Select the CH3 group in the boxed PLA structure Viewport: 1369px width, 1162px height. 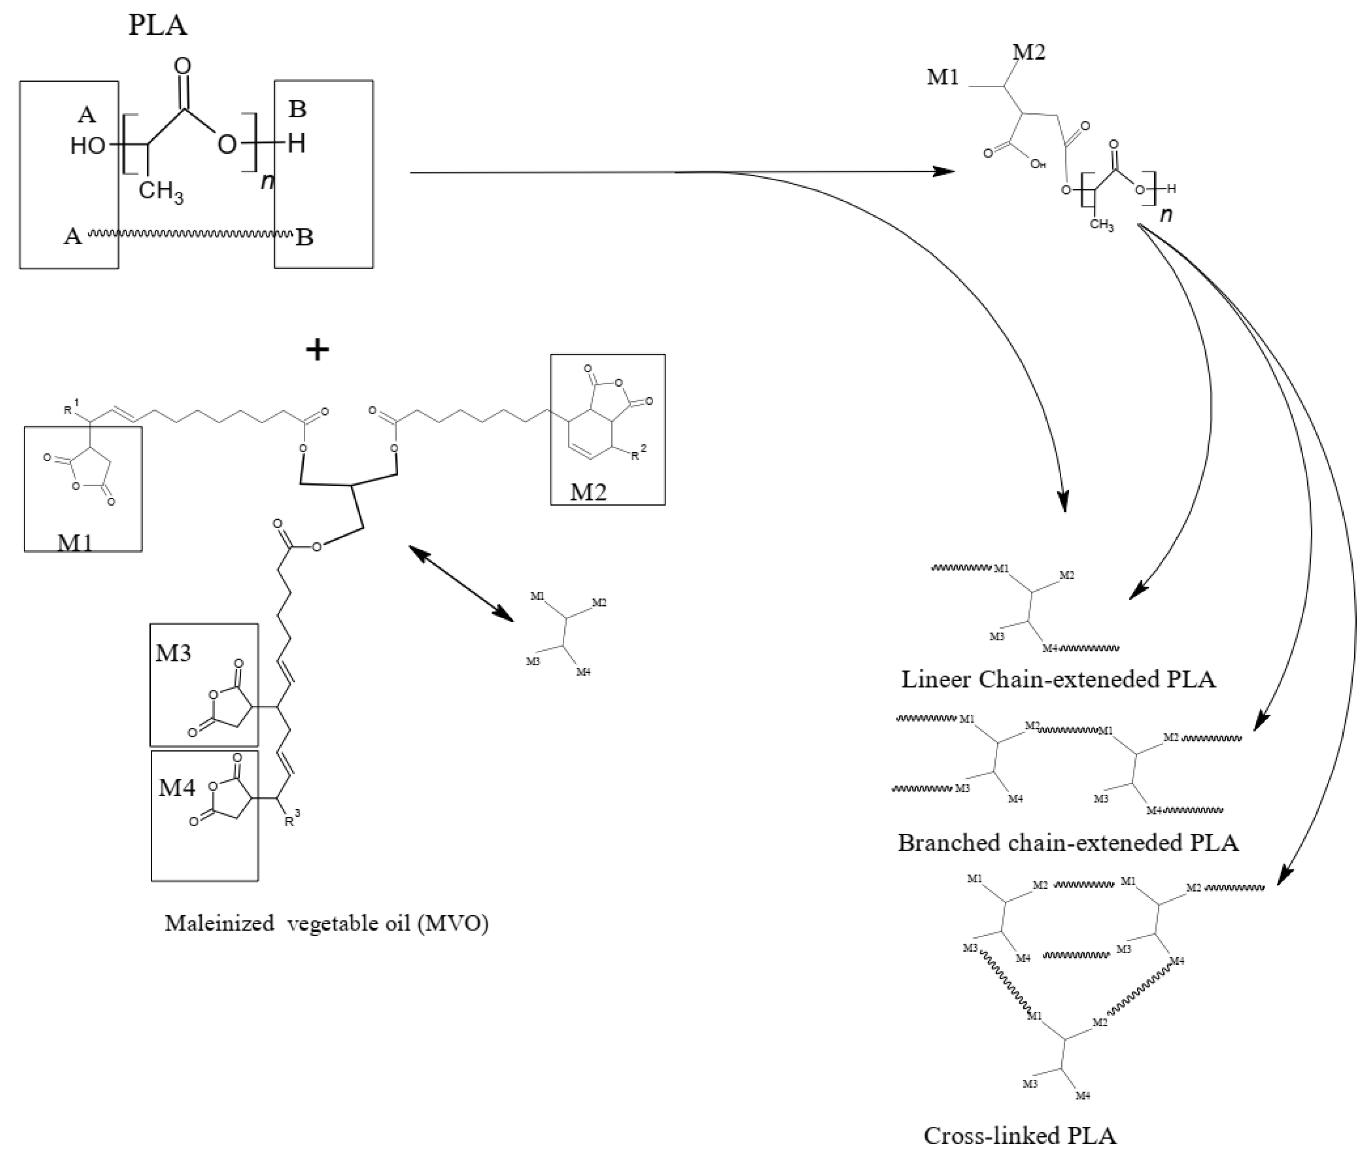coord(161,192)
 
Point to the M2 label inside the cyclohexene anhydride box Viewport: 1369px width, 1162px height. coord(588,491)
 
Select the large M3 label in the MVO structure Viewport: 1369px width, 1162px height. coord(173,653)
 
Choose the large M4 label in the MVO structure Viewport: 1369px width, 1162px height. coord(176,787)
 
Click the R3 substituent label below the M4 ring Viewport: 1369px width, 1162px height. coord(292,819)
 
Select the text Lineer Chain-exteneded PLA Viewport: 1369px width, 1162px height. coord(1058,679)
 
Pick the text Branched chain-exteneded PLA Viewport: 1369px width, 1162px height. coord(1068,843)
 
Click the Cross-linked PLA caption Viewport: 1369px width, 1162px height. coord(1020,1135)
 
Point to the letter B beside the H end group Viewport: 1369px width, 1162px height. coord(298,109)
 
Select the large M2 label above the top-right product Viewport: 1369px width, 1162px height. coord(1028,52)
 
